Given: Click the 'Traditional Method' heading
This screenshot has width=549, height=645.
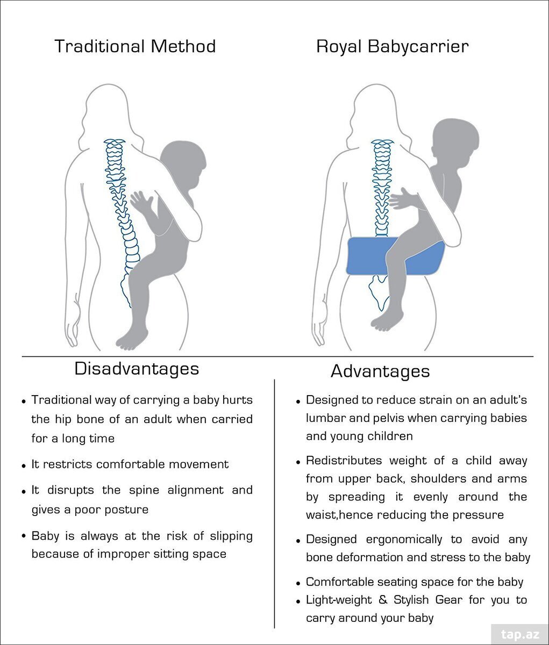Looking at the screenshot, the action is (135, 46).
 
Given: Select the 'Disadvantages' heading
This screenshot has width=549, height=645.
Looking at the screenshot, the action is (137, 369).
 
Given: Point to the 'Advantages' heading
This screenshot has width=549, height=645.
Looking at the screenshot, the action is (380, 371).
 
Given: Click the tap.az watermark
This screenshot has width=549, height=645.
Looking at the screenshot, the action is (520, 634).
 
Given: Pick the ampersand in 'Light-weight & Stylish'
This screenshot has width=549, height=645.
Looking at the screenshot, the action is (383, 599).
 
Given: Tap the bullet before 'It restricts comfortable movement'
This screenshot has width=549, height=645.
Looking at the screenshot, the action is (24, 466).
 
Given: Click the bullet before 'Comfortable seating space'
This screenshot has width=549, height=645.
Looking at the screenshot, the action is (298, 583).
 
